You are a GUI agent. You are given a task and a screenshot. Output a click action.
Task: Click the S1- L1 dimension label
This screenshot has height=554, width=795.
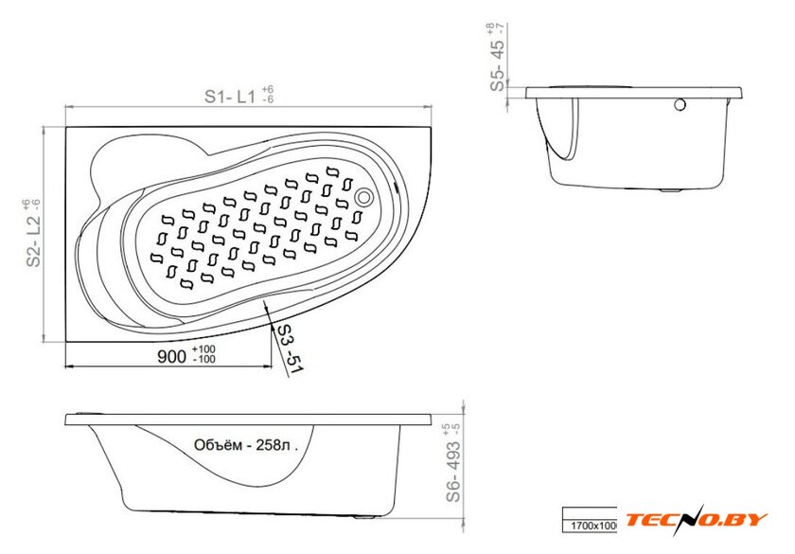[x=230, y=97]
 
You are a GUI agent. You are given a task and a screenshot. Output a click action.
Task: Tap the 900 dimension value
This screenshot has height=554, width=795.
[x=172, y=356]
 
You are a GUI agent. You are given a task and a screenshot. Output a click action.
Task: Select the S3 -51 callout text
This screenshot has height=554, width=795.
[x=289, y=349]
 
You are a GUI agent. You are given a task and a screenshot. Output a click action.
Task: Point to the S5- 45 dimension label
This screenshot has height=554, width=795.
[x=498, y=64]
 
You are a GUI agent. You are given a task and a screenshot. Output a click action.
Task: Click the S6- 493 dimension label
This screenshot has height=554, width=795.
[x=453, y=472]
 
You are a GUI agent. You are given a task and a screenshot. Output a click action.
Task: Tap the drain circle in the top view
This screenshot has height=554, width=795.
[x=363, y=197]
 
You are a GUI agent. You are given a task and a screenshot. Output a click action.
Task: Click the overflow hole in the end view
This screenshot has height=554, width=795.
[x=680, y=105]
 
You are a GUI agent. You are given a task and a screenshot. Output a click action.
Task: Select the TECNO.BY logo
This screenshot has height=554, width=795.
[x=697, y=520]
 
